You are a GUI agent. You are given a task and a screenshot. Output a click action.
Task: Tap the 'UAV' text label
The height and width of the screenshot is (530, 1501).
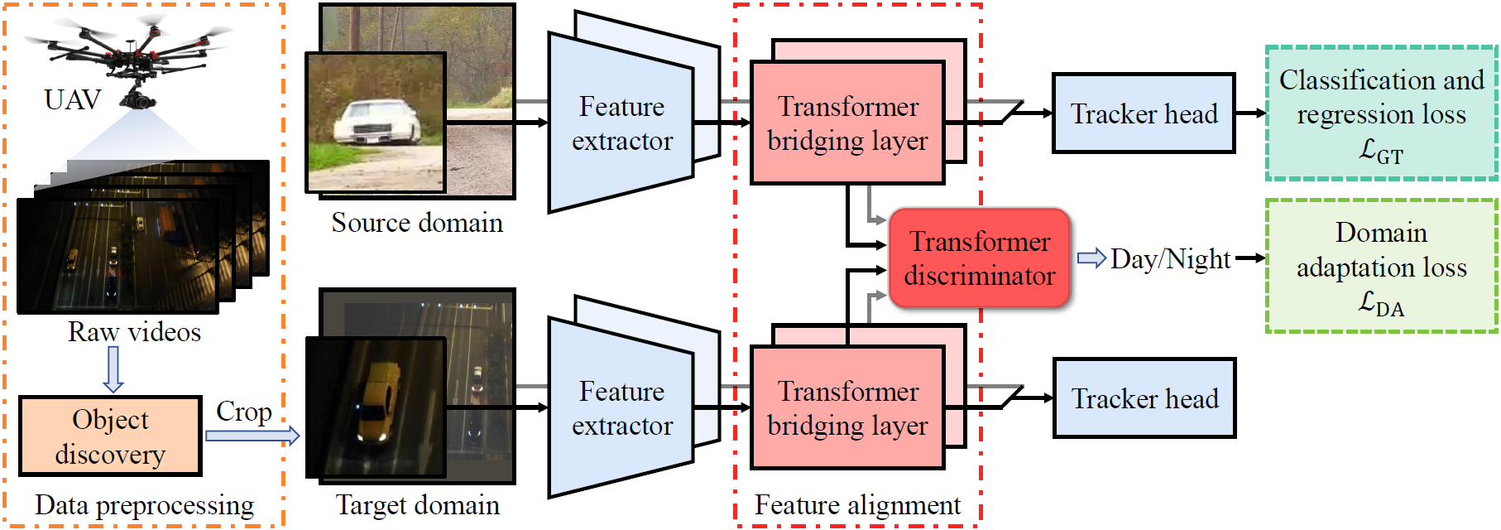[x=72, y=100]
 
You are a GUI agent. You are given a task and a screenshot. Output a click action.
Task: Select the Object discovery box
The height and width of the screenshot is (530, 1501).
[x=110, y=436]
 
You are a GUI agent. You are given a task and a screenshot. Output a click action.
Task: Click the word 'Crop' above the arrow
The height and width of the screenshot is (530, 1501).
[x=243, y=412]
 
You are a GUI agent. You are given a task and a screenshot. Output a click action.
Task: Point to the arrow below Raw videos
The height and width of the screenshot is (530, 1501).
[x=113, y=369]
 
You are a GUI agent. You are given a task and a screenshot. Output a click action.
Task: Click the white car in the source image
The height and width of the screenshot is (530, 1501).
[x=377, y=123]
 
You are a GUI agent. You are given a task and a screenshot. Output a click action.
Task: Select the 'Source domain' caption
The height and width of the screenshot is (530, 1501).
[x=417, y=223]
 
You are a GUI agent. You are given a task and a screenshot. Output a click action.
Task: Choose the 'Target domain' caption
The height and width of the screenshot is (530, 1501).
[x=417, y=505]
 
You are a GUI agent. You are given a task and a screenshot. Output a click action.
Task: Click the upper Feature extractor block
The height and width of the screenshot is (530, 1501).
[x=621, y=123]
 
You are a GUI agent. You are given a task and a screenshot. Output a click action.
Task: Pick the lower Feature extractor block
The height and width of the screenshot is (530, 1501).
[x=621, y=408]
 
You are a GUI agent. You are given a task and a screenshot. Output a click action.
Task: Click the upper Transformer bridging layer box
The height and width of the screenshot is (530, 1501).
[x=847, y=123]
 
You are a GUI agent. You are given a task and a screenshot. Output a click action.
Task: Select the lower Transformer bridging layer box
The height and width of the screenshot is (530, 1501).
[x=847, y=408]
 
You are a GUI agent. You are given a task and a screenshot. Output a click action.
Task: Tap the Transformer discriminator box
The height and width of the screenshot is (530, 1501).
[x=980, y=258]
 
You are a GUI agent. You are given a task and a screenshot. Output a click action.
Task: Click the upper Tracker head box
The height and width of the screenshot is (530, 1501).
[x=1144, y=113]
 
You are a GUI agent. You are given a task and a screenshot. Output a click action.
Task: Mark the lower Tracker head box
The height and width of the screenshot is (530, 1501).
[x=1144, y=398]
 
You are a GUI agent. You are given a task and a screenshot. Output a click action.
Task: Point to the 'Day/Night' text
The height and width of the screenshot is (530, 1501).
[x=1170, y=259]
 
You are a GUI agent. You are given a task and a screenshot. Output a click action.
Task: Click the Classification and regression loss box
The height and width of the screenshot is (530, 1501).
[x=1381, y=113]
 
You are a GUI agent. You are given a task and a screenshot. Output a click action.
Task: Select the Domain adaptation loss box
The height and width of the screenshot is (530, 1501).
[x=1381, y=267]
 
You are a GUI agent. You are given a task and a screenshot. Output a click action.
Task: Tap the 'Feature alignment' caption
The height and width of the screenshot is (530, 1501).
[x=857, y=505]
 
